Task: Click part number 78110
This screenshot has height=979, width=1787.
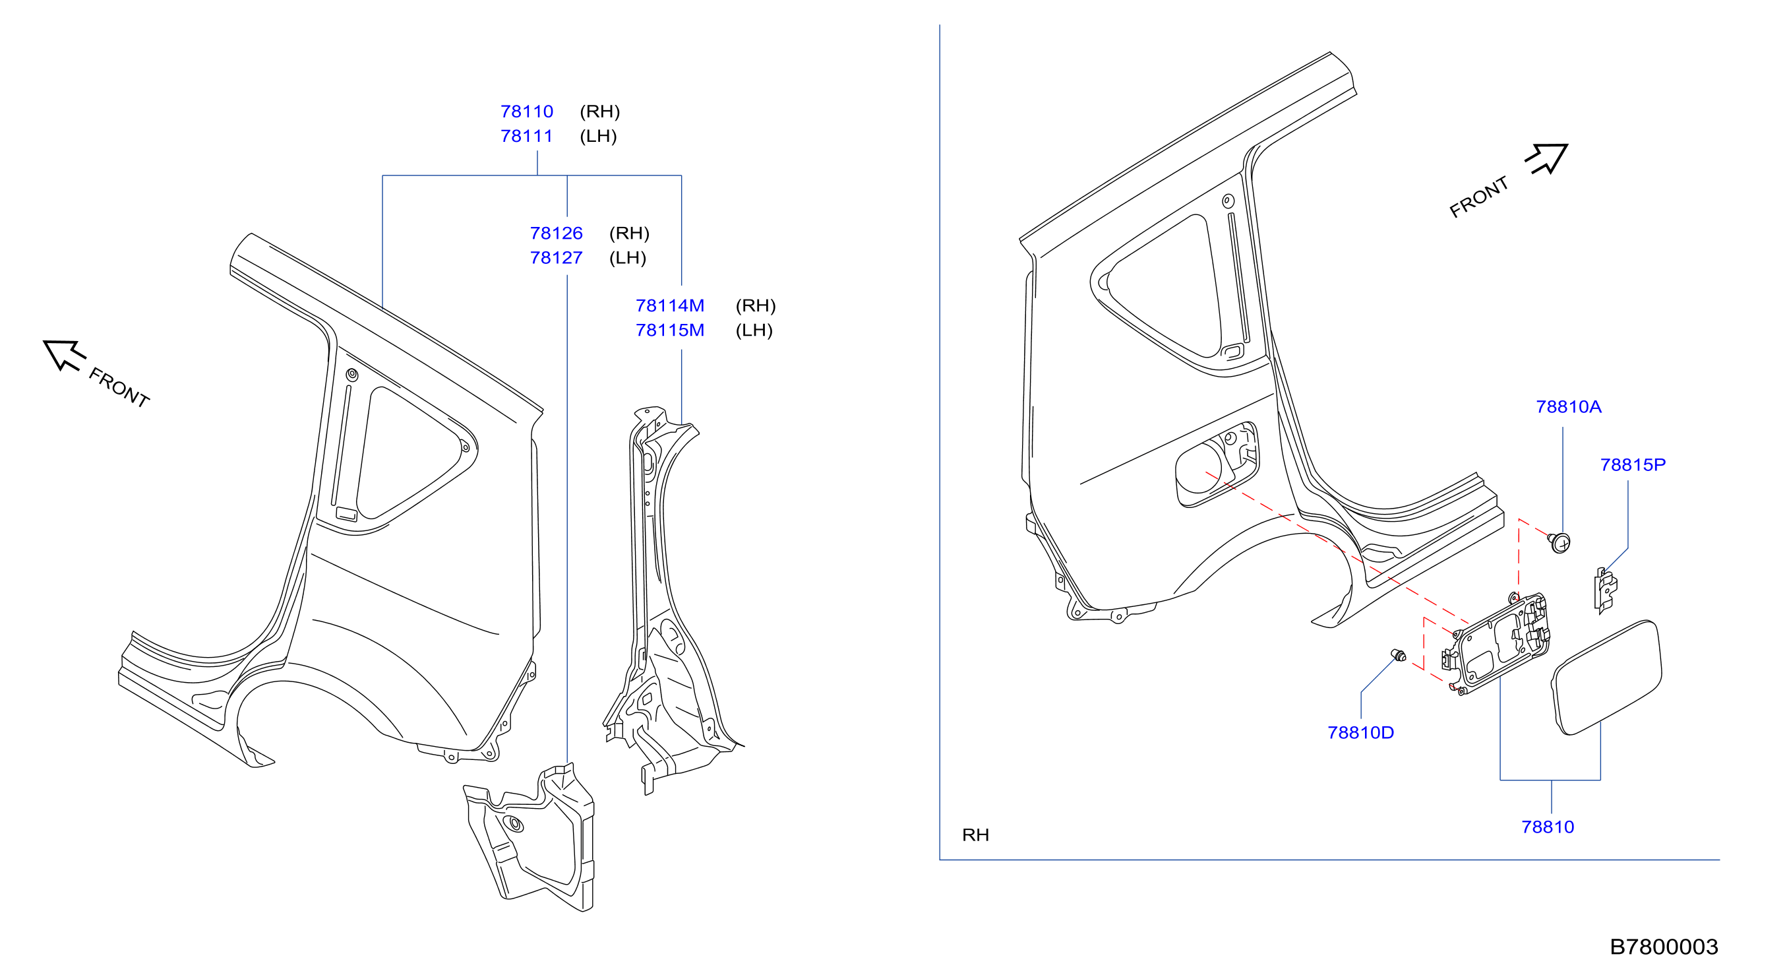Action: click(526, 111)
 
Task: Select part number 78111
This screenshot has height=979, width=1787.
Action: click(526, 136)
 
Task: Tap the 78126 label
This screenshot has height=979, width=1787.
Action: click(557, 233)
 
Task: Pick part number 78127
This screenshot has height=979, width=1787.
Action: click(557, 257)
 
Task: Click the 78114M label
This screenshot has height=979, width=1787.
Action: click(670, 305)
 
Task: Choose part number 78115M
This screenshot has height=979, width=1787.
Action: click(670, 331)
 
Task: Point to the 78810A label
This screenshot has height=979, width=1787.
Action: click(1569, 406)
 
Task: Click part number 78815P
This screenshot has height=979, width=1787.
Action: click(1633, 465)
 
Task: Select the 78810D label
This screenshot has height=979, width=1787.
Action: click(1360, 733)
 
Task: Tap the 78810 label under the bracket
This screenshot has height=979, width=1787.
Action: click(1548, 827)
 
